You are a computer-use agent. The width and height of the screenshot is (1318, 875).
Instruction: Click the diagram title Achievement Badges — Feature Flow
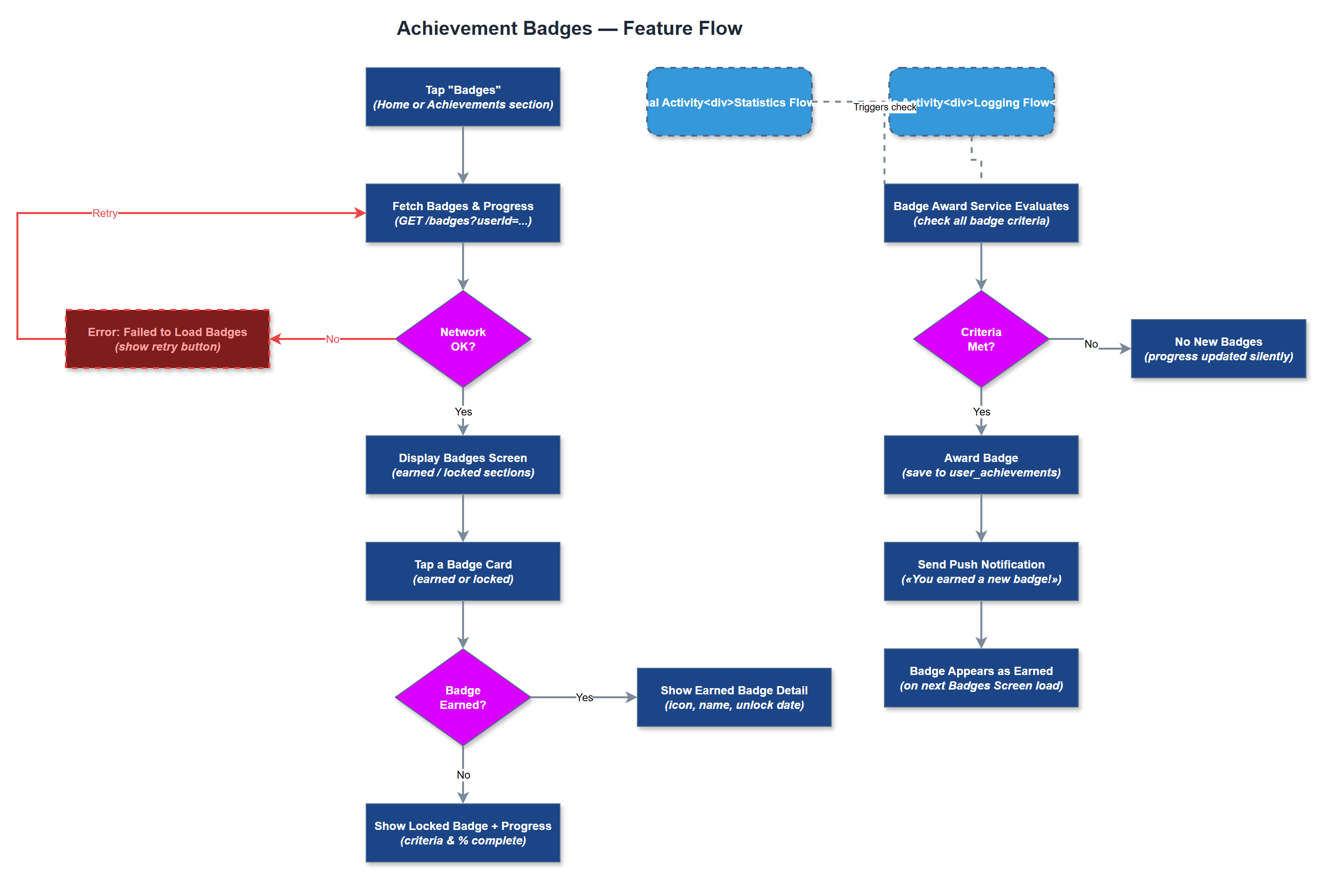click(x=569, y=29)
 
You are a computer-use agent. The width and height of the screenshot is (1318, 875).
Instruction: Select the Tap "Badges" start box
click(x=462, y=97)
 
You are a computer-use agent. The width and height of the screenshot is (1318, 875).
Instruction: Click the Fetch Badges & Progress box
click(x=462, y=213)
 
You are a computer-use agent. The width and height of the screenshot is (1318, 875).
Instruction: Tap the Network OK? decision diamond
click(x=462, y=339)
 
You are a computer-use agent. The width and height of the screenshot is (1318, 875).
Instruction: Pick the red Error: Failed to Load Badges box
click(x=168, y=339)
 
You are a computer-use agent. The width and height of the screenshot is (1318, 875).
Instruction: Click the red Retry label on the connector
click(x=105, y=213)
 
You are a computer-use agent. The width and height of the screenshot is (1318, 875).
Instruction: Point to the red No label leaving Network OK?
click(x=332, y=339)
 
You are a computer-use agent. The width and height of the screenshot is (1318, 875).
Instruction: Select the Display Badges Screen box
click(x=462, y=465)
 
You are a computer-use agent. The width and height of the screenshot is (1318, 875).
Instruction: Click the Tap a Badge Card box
click(x=462, y=571)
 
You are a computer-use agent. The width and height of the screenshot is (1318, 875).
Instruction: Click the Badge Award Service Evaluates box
click(x=980, y=213)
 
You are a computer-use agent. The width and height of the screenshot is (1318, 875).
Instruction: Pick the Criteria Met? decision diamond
click(x=980, y=339)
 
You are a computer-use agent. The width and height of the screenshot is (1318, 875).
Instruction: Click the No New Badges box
click(x=1218, y=349)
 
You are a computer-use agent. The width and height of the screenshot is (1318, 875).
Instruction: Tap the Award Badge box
click(x=980, y=465)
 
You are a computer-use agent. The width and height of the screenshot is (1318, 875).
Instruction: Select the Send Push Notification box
click(x=980, y=571)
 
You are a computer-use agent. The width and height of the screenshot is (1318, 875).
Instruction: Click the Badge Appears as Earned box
click(x=980, y=678)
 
